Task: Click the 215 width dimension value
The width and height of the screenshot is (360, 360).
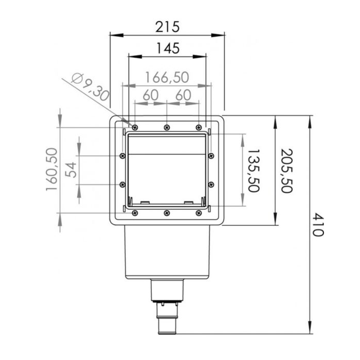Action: [167, 27]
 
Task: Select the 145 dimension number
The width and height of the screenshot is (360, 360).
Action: [168, 48]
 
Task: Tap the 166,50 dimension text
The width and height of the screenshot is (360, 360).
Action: [167, 77]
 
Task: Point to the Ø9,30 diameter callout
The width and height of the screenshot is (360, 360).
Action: [90, 87]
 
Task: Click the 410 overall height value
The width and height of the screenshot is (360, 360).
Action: [318, 225]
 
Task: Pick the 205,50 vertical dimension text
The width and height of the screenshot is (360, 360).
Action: [286, 171]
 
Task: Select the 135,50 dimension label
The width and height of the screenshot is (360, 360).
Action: [254, 171]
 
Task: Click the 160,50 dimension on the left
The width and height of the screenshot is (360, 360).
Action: [51, 169]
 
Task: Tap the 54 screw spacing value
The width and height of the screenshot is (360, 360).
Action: [70, 170]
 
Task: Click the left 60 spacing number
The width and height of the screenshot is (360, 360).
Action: [151, 95]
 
